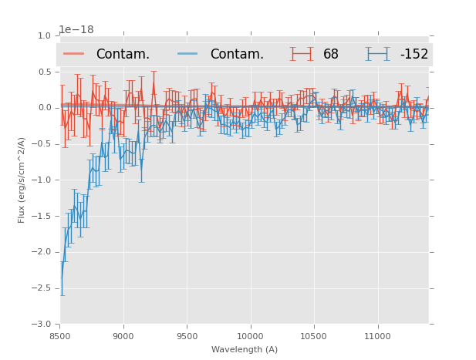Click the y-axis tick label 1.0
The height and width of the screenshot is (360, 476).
pos(45,35)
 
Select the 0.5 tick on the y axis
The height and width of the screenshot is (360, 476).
pos(45,72)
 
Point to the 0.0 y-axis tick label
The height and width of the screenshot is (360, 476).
pos(45,108)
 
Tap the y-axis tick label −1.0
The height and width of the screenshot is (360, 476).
pos(43,180)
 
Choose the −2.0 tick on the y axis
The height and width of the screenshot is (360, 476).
pos(43,252)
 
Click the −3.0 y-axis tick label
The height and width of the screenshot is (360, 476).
pos(43,324)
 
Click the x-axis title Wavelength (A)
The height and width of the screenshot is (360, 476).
pos(245,349)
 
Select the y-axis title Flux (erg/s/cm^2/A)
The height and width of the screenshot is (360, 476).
pos(22,180)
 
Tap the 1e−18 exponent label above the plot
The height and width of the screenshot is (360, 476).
pos(76,30)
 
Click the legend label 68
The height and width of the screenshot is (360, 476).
pos(331,55)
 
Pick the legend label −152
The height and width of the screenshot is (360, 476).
pos(414,55)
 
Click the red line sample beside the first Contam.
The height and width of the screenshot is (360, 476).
pos(74,54)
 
